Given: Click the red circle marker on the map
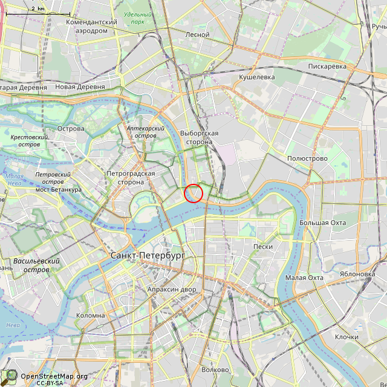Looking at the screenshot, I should click(x=193, y=193).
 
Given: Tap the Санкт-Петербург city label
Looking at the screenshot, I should click(x=148, y=256).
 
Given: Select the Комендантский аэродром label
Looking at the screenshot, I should click(x=91, y=25).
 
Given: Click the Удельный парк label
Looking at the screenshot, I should click(x=137, y=18).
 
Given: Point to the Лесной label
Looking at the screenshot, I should click(x=197, y=35).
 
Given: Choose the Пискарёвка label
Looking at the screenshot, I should click(x=327, y=66).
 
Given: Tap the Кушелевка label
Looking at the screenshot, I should click(x=257, y=77).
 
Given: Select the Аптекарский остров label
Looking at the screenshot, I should click(x=145, y=132).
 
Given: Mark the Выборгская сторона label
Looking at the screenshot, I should click(x=199, y=137).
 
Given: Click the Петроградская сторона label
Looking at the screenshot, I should click(x=131, y=177).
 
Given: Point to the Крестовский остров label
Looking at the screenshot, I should click(x=29, y=141).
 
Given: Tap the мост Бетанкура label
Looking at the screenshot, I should click(x=58, y=190).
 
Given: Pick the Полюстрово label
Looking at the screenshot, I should click(x=307, y=158).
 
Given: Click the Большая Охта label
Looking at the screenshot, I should click(x=322, y=223).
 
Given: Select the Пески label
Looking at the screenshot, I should click(x=262, y=247).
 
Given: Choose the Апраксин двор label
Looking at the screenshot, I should click(x=172, y=289).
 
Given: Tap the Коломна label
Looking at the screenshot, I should click(x=91, y=315).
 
